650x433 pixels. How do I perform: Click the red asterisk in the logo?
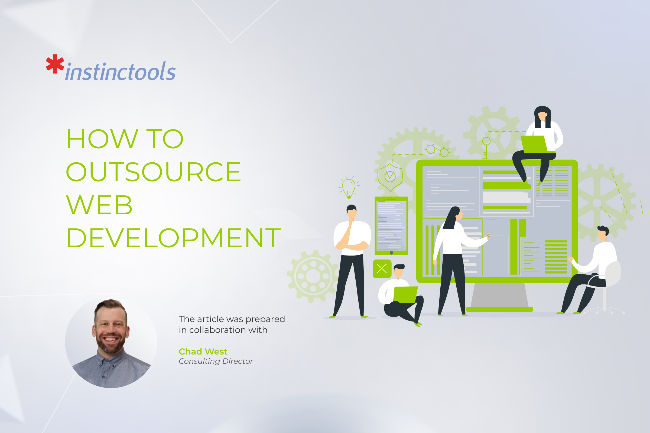coord(55,64)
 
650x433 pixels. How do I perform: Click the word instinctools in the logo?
coord(121,72)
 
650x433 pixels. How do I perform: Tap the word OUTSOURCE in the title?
coord(153,172)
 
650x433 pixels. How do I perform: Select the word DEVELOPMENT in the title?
coord(174,238)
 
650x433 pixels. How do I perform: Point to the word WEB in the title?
coord(99,205)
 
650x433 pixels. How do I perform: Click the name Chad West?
coord(203,352)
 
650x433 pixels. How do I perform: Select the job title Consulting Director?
coord(216,361)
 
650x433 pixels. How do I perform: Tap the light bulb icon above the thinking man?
coord(349,187)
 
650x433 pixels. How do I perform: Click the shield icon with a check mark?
coord(390,177)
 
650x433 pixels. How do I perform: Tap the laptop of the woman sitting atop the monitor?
coord(534,144)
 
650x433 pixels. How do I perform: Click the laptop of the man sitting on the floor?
coord(405,295)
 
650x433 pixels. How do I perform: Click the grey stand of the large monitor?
coord(499,295)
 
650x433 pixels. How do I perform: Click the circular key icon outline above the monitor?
coord(486,141)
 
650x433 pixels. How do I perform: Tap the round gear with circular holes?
coord(313,276)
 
